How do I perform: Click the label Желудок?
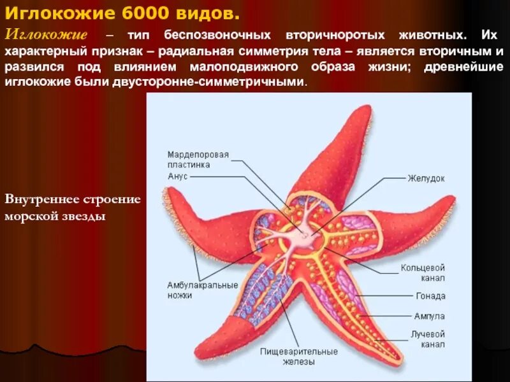point(426,178)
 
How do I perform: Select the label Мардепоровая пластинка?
point(198,159)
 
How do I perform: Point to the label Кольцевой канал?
point(422,272)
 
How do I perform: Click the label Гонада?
point(430,296)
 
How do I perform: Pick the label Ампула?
point(429,316)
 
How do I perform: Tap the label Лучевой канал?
point(427,339)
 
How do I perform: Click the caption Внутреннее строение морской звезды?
point(72,208)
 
